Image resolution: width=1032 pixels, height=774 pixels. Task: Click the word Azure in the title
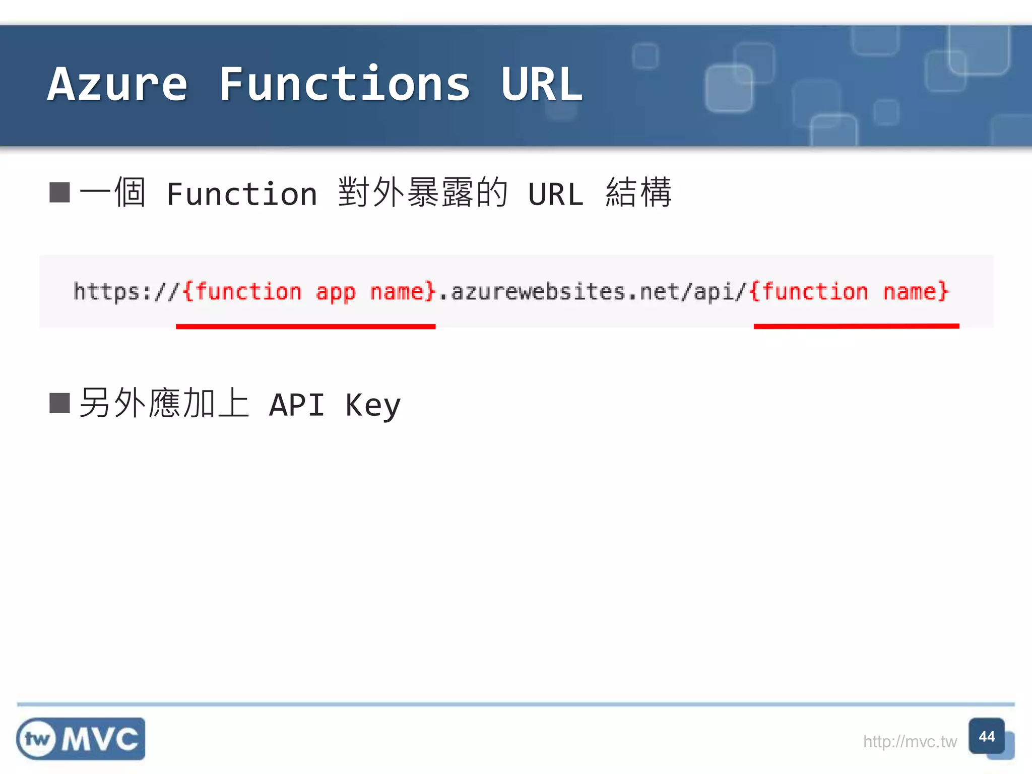point(117,85)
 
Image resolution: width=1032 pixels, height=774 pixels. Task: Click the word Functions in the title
point(345,85)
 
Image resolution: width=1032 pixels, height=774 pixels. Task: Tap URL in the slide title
point(542,85)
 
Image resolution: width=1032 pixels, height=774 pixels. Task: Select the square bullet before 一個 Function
point(59,192)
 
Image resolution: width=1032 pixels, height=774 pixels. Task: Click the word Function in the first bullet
point(242,195)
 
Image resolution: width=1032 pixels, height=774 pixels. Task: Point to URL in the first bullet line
point(555,195)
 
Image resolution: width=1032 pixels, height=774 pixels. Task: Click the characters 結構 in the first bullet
point(638,192)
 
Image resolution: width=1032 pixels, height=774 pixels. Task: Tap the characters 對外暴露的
point(422,192)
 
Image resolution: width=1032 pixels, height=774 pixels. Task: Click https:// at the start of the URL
point(126,292)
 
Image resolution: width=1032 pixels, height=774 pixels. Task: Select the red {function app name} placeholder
point(308,292)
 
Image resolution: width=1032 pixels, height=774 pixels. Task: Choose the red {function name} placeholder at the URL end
point(850,292)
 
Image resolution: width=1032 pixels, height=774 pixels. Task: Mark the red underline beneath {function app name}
point(305,327)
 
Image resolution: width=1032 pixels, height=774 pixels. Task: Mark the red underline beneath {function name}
point(856,326)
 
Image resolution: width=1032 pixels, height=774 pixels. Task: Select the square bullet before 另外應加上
point(59,403)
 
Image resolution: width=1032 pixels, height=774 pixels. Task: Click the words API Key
point(335,405)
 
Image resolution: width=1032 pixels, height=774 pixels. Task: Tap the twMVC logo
point(81,739)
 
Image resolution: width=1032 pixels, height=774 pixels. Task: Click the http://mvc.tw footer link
point(910,741)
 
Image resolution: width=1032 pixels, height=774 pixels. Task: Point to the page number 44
point(987,737)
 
